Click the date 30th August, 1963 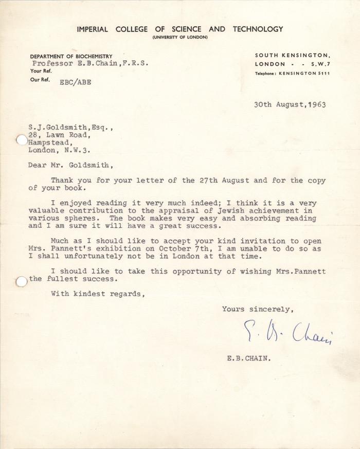[x=290, y=104]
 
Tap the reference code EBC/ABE [x=76, y=82]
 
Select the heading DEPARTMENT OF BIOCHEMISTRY [x=71, y=56]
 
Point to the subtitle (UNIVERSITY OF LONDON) [x=180, y=38]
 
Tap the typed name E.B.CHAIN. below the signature [x=248, y=360]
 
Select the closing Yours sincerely [x=258, y=309]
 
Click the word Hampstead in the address [x=50, y=143]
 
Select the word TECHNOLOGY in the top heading [x=258, y=29]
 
